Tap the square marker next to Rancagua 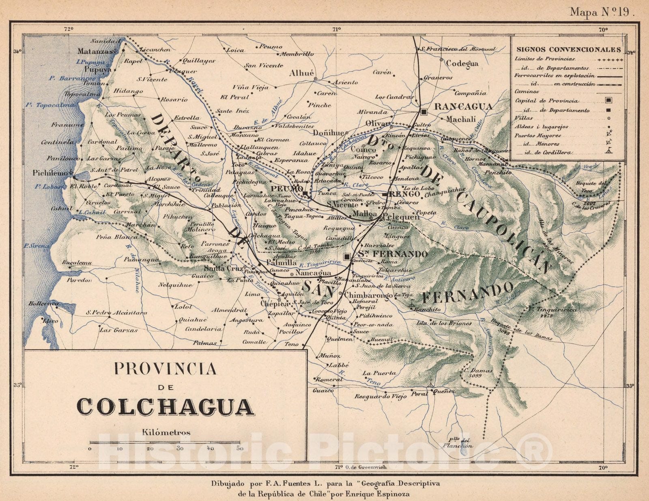[x=424, y=111]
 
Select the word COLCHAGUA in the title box [x=165, y=406]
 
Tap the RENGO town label [x=404, y=194]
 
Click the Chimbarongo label [x=368, y=295]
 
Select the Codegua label [x=462, y=63]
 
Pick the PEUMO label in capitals [x=287, y=189]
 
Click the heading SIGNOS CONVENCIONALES [x=568, y=50]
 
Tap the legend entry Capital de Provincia [x=547, y=101]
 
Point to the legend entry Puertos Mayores [x=537, y=136]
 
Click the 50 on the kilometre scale [x=240, y=449]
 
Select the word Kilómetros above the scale [x=166, y=432]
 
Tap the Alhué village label [x=301, y=73]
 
